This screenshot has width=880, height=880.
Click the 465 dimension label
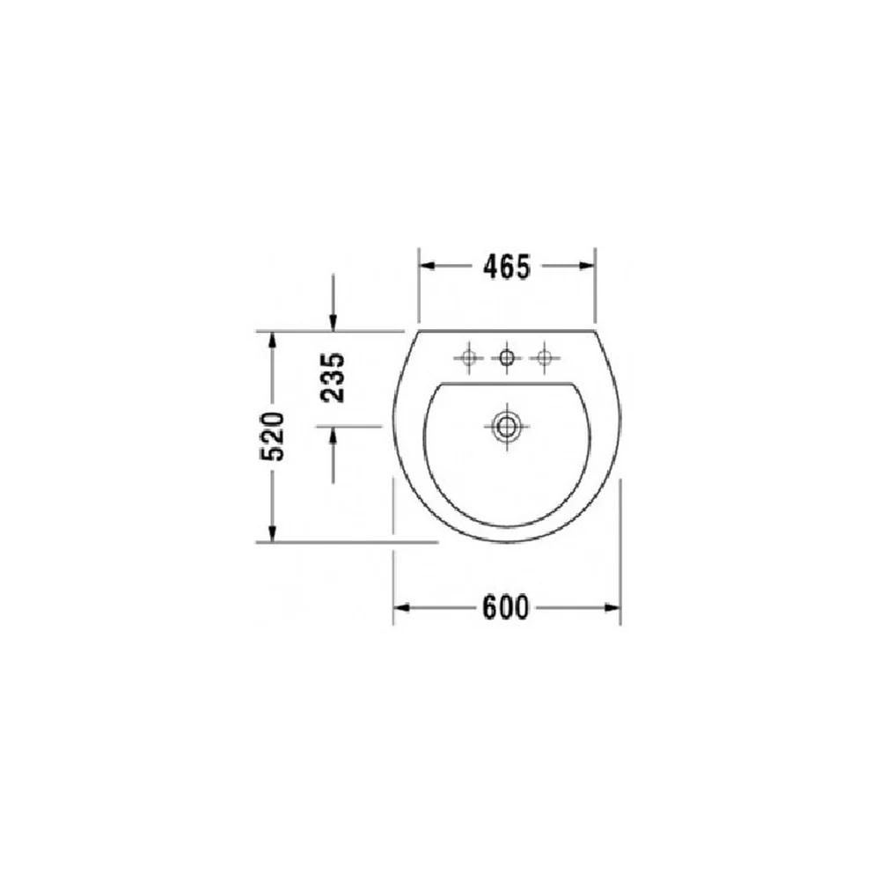(506, 267)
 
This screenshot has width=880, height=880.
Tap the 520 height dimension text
(272, 436)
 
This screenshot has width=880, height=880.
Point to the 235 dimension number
(333, 378)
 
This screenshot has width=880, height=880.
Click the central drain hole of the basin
(506, 427)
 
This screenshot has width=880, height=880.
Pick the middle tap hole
(506, 357)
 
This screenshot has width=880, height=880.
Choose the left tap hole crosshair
(469, 357)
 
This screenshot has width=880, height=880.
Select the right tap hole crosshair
(544, 357)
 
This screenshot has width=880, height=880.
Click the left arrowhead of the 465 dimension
(428, 266)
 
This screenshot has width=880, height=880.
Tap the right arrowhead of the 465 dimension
(586, 266)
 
